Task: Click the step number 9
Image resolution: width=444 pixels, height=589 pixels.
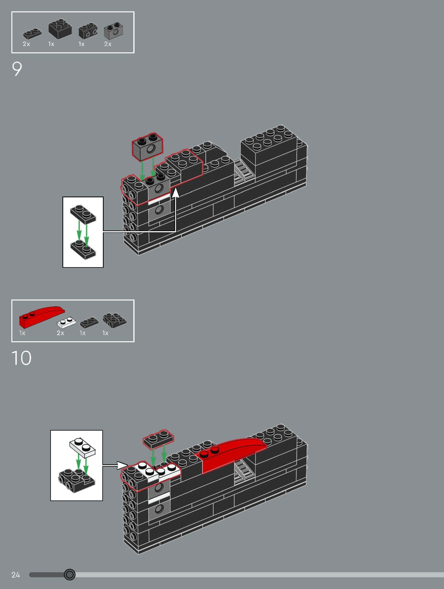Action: (17, 69)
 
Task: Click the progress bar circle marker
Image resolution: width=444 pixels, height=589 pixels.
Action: (70, 574)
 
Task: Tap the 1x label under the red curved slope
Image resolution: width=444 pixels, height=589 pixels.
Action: (22, 333)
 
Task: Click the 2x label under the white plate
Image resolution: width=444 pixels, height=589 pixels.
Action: (61, 333)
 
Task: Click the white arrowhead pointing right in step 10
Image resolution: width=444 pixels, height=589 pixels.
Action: (122, 465)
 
